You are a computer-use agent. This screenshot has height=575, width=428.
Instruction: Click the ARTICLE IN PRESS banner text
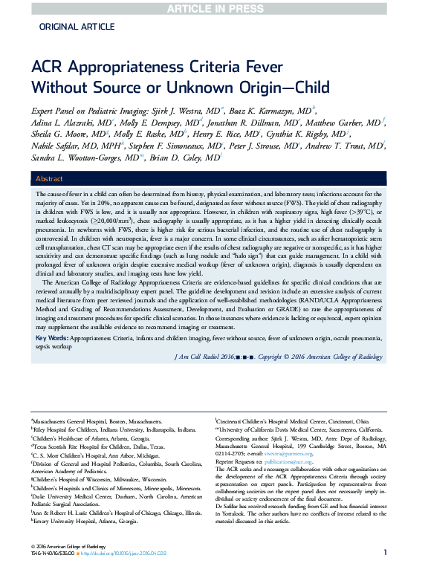point(213,8)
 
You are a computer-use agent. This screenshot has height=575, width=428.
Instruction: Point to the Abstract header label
point(50,179)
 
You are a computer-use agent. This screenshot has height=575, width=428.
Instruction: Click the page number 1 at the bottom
point(386,552)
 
